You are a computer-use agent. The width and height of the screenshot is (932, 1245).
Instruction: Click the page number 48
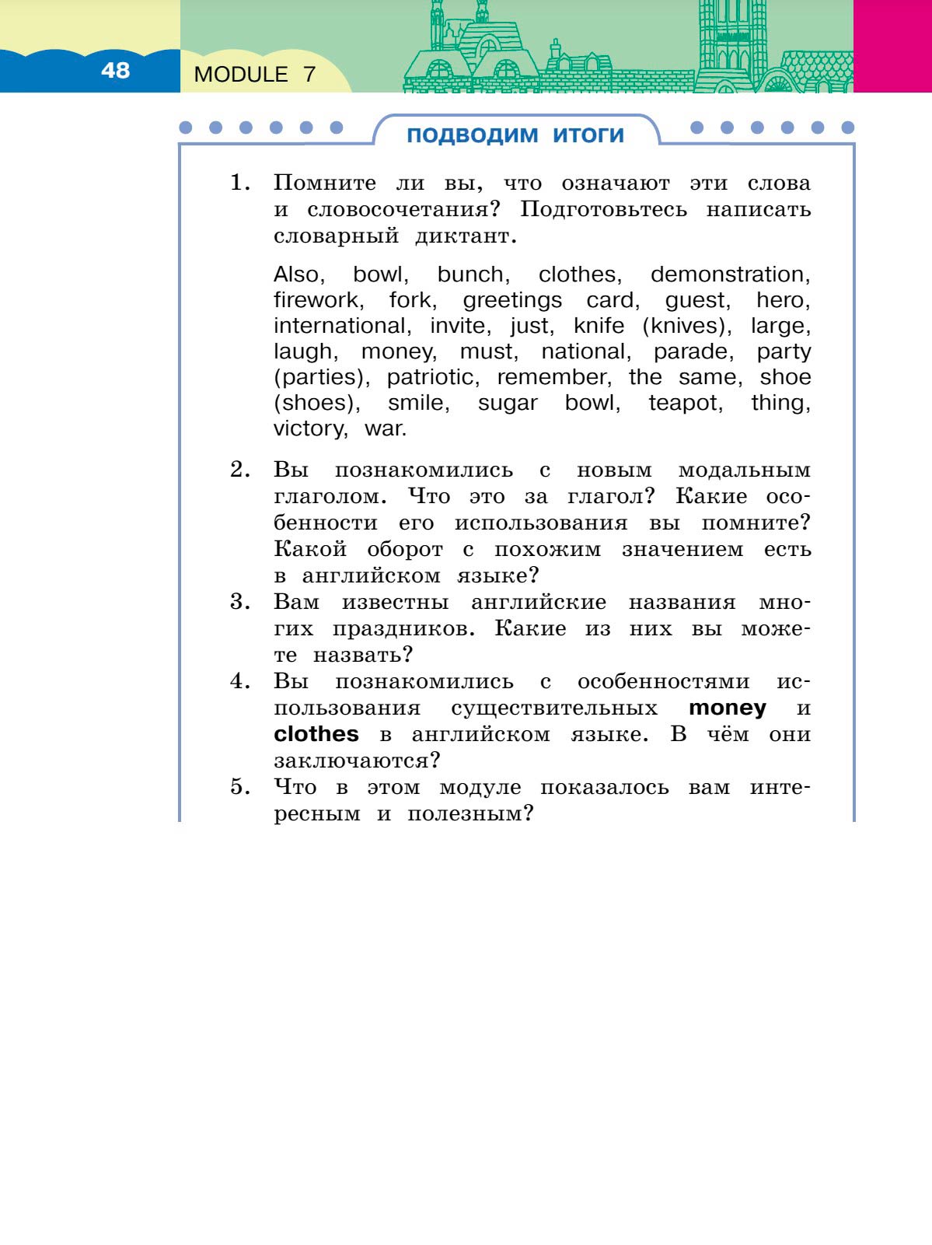pos(115,71)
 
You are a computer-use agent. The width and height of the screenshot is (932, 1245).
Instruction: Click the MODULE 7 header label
pos(255,75)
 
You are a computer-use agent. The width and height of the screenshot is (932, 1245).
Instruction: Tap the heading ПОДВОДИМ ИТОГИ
pos(515,135)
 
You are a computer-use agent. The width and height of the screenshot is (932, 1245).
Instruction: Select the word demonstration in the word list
pos(729,275)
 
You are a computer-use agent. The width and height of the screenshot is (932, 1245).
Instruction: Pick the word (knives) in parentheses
pos(686,326)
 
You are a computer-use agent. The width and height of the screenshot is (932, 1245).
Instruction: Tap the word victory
pos(309,428)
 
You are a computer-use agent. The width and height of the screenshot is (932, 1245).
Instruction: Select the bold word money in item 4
pos(727,708)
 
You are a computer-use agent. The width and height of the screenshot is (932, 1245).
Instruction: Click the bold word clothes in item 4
pos(316,734)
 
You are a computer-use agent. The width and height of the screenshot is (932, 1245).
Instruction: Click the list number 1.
pos(239,184)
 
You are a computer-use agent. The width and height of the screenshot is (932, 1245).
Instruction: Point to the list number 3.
pos(239,603)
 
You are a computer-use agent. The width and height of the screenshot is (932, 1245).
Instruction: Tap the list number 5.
pos(239,788)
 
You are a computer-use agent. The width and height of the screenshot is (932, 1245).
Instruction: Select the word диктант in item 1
pos(466,236)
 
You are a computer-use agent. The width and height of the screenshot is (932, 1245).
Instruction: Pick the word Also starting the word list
pos(298,275)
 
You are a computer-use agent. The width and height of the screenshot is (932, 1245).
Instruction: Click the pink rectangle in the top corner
pos(892,46)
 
